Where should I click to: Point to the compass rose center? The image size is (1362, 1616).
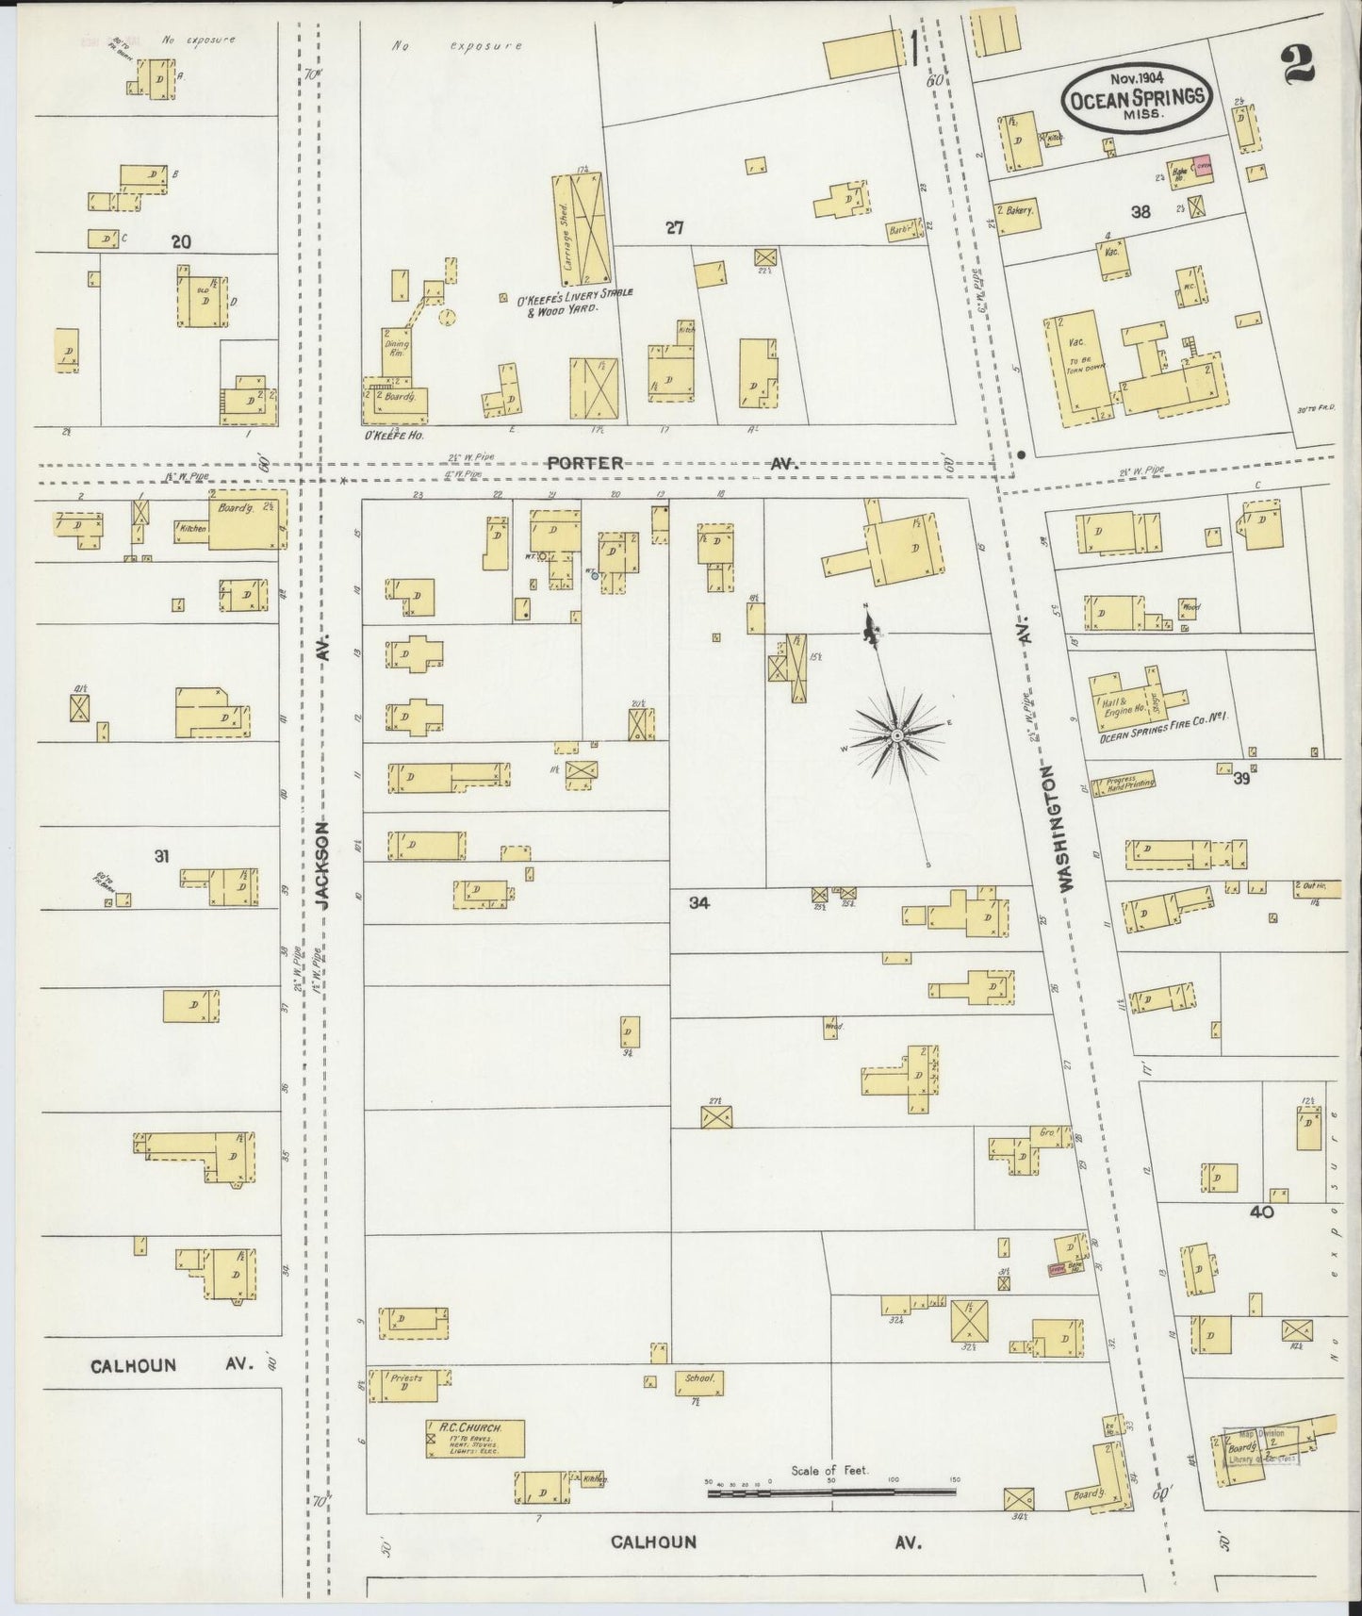pos(897,734)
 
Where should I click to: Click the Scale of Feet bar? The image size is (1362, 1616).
pos(830,1492)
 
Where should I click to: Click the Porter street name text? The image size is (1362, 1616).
pos(585,463)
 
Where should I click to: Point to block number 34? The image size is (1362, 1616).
pos(698,902)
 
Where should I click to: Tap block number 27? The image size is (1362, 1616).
pos(673,227)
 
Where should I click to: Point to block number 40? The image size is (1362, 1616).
pos(1261,1212)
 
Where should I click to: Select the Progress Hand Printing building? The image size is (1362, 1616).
pos(1123,783)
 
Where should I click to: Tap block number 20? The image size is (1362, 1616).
pos(180,241)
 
